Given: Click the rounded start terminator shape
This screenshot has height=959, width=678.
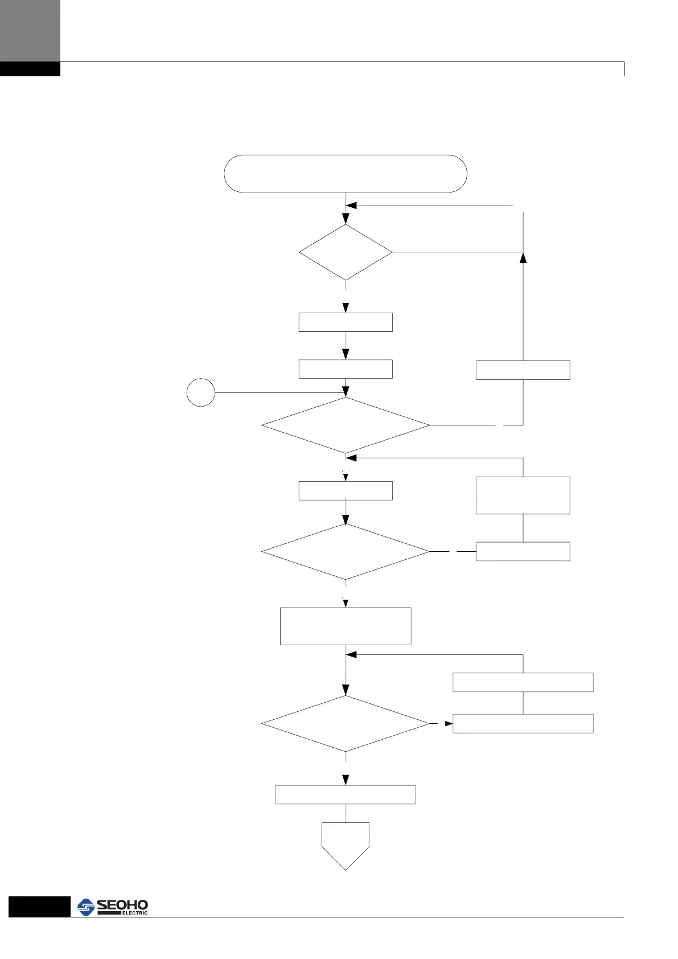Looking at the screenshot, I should [346, 173].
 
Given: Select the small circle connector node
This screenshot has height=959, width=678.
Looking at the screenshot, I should [200, 392].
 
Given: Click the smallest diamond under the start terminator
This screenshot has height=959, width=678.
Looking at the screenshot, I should [346, 252].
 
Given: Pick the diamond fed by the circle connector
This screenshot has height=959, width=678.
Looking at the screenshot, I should [346, 425].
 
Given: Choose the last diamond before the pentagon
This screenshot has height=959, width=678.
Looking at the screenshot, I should [346, 724].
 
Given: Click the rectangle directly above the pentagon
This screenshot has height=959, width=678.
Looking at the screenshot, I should [346, 794].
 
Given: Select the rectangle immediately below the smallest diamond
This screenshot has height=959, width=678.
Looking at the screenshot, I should [346, 322].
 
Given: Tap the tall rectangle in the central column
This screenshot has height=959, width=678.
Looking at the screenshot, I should [346, 626].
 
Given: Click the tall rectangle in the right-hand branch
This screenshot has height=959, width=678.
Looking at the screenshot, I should [523, 495].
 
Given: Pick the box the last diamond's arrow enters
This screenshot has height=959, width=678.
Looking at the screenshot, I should [523, 723].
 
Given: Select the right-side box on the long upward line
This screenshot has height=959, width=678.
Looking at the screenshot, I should [523, 370].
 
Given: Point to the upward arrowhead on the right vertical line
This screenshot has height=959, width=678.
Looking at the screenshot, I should [523, 257].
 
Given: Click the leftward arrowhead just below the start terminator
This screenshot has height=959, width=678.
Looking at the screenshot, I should [351, 206].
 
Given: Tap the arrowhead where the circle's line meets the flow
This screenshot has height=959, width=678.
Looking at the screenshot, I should [346, 392].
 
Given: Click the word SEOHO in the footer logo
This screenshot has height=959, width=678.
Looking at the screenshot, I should [122, 905].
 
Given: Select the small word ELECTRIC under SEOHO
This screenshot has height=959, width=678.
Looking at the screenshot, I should [134, 913].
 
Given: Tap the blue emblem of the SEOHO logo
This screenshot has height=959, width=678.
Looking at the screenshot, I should [86, 907].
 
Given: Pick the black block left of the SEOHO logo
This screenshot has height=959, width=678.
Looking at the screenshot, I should [39, 907].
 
